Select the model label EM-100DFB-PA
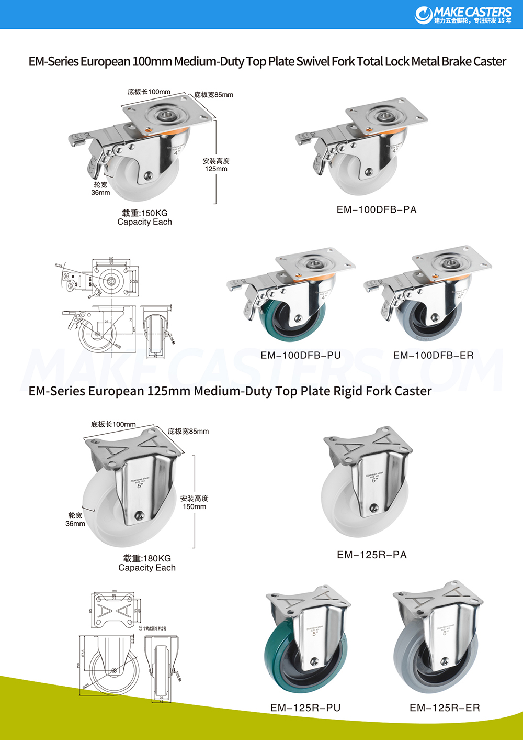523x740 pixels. (x=377, y=210)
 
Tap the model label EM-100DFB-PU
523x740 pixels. (x=301, y=356)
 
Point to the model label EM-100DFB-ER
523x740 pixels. (x=433, y=356)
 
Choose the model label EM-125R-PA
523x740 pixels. (x=372, y=555)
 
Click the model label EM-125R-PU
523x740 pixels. (x=305, y=708)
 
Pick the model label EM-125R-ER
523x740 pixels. (x=445, y=708)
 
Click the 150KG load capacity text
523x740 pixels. (x=145, y=213)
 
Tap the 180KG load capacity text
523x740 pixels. (x=147, y=559)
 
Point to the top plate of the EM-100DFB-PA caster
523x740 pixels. (x=387, y=113)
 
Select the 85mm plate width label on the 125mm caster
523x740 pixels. (x=188, y=432)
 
